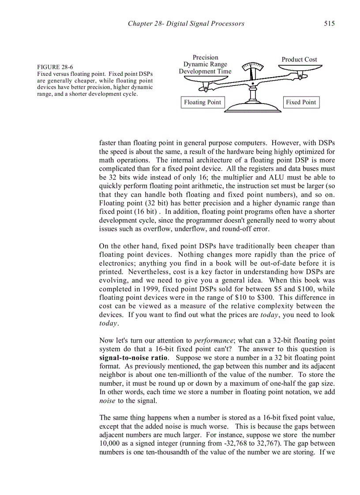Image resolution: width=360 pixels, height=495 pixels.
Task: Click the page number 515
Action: pos(329,23)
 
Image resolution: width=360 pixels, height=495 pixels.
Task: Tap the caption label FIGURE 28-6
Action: pos(55,67)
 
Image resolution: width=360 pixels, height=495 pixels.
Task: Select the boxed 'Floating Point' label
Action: pos(202,102)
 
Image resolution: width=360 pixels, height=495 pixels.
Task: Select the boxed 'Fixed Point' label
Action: pos(301,102)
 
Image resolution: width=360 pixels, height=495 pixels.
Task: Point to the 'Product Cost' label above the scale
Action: pos(299,60)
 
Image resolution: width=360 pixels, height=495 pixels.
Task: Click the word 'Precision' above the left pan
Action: pos(205,57)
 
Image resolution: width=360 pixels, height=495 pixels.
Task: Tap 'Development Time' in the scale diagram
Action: pos(205,71)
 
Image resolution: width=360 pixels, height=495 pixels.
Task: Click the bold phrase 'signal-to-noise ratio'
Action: pos(133,357)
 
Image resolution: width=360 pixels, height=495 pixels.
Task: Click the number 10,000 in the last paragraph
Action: pos(111,443)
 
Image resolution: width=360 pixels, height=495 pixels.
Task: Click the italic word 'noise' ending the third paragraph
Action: pos(107,401)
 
